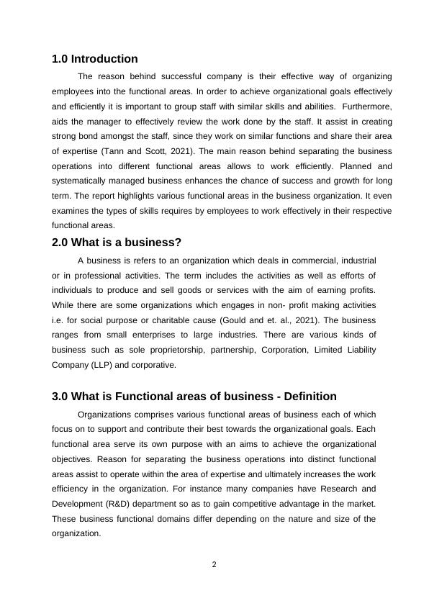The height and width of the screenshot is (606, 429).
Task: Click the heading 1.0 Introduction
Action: tap(94, 59)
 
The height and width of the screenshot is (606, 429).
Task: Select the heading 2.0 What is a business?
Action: tap(116, 243)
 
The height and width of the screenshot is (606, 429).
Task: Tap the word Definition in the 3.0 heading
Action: tap(307, 397)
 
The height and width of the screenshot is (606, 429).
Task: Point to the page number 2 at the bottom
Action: tap(214, 564)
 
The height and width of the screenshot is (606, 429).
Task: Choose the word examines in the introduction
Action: tap(71, 212)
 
